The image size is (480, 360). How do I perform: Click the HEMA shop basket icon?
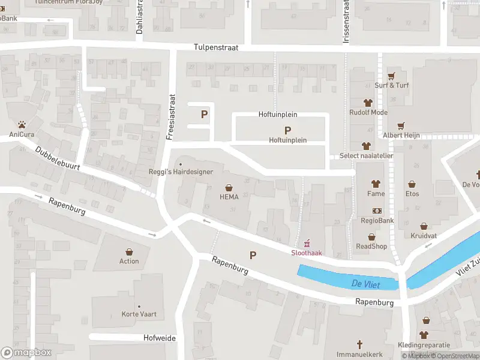[x=229, y=187]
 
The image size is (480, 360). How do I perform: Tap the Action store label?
[x=129, y=261]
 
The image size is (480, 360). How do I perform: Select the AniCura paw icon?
[x=22, y=125]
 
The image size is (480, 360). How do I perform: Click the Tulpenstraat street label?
[x=216, y=47]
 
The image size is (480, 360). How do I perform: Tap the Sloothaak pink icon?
[x=307, y=243]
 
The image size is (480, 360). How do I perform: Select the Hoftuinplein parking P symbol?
[x=287, y=130]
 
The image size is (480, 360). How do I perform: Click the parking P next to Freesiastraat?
[x=204, y=114]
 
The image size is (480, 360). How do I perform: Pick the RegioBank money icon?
[x=377, y=211]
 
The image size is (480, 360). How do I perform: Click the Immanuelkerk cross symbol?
[x=360, y=344]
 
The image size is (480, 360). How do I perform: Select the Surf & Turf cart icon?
[x=392, y=76]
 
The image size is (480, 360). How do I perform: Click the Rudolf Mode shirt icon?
[x=368, y=103]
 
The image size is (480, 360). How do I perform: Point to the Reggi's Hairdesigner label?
[x=181, y=172]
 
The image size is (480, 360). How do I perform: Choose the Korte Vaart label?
[x=139, y=314]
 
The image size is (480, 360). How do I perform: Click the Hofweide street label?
[x=160, y=338]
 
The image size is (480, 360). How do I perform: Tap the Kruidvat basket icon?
[x=424, y=227]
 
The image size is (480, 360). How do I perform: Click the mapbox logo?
[x=26, y=353]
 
